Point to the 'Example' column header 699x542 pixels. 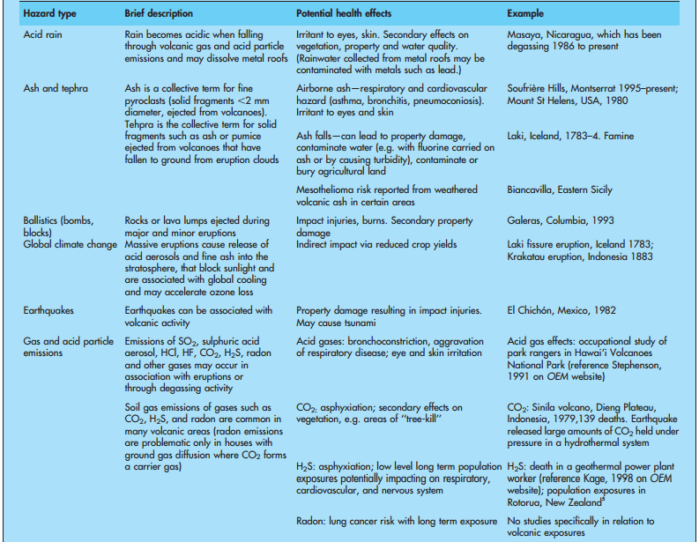(525, 14)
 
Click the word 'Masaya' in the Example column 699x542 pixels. (525, 34)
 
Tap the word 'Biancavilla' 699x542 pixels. (534, 189)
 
